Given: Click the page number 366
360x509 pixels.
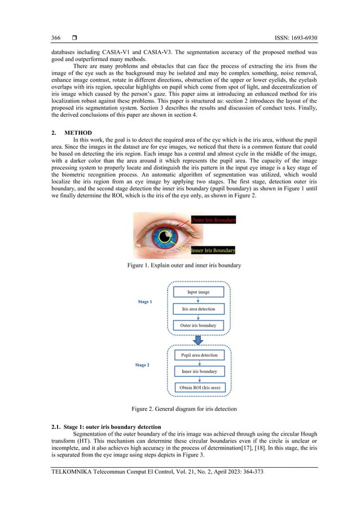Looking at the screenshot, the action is tap(56, 38).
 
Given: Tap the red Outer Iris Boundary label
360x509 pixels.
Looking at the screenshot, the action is tap(213, 220).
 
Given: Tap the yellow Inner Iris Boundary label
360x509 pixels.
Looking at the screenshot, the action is tap(213, 250).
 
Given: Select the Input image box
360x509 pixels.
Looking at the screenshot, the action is tap(197, 292).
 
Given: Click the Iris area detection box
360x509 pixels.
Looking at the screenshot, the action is tap(197, 309).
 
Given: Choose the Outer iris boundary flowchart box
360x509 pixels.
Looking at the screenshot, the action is tap(197, 326).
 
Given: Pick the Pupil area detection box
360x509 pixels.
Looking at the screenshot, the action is tap(197, 355).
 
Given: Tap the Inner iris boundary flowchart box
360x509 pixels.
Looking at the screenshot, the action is tap(197, 371).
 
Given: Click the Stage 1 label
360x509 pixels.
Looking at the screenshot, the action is tap(144, 302).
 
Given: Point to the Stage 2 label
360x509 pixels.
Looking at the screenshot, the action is tap(142, 365).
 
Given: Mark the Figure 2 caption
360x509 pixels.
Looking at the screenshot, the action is tap(180, 408).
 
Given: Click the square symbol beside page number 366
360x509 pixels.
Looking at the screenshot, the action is tap(74, 38).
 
